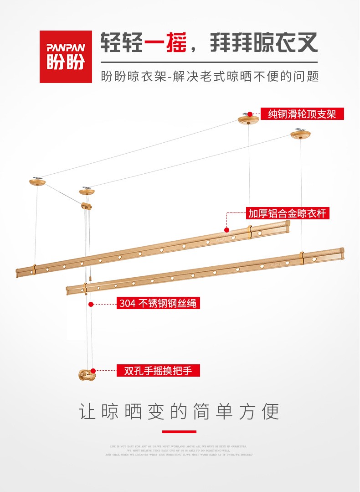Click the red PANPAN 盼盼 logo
coord(66,57)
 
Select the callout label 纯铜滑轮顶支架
coord(302,114)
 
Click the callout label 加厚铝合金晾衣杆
coord(287,213)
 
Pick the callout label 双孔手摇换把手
coord(158,371)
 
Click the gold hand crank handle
coord(87,375)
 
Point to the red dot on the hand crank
coord(93,371)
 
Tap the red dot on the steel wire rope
coord(91,304)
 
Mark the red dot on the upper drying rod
coord(226,229)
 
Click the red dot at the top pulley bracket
coord(250,114)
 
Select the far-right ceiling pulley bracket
coord(301,135)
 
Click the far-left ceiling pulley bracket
coord(37,182)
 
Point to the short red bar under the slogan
coord(179,431)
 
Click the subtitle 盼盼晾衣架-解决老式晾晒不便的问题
coord(209,76)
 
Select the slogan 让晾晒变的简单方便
coord(179,411)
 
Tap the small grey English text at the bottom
coord(179,451)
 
